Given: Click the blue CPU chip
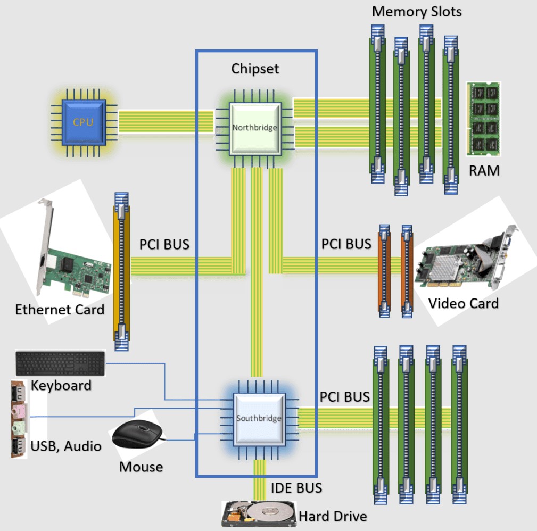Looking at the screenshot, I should [83, 122].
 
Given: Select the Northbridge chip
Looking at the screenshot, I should [254, 128].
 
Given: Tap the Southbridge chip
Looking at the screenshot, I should [259, 418].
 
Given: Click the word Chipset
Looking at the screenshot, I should [255, 69].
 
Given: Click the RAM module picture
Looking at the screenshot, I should [483, 118].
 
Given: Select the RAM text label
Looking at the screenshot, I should [484, 171].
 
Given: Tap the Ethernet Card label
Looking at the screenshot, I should [60, 310].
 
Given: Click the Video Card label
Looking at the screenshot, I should [464, 303].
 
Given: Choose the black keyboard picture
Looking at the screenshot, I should [60, 363].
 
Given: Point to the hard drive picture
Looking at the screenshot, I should [259, 513].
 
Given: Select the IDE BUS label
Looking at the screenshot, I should [296, 488].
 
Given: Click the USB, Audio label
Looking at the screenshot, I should [66, 446].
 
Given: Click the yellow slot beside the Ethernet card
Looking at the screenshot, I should [122, 266].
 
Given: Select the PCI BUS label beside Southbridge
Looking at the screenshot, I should [345, 397].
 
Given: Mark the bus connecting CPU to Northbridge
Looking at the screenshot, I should [166, 122].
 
